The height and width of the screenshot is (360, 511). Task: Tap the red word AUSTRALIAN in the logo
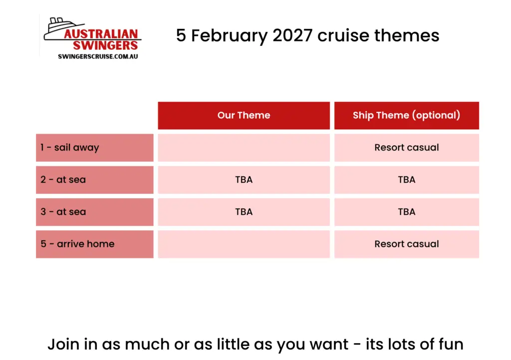[x=101, y=34]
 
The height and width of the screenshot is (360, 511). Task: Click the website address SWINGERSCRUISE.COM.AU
[x=98, y=56]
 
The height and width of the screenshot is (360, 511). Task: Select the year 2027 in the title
[x=292, y=35]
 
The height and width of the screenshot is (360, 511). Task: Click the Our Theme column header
[x=244, y=115]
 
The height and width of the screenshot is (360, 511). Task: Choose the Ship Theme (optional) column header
[x=406, y=115]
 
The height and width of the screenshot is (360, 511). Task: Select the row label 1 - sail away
[x=69, y=148]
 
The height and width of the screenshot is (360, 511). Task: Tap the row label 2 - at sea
[x=63, y=180]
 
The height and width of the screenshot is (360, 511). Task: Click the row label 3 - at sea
[x=63, y=212]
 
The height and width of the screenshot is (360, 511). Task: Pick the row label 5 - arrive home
[x=77, y=244]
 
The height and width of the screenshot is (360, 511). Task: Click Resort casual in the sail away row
[x=407, y=148]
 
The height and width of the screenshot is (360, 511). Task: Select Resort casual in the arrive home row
[x=407, y=244]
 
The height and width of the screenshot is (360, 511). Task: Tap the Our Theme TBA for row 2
[x=244, y=180]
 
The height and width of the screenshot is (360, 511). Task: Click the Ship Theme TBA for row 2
[x=407, y=180]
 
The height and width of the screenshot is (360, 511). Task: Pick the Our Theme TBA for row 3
[x=244, y=212]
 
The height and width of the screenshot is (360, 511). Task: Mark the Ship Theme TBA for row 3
[x=407, y=212]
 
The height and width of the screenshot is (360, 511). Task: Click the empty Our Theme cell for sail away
[x=244, y=148]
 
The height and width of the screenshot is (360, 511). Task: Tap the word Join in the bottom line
[x=63, y=345]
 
